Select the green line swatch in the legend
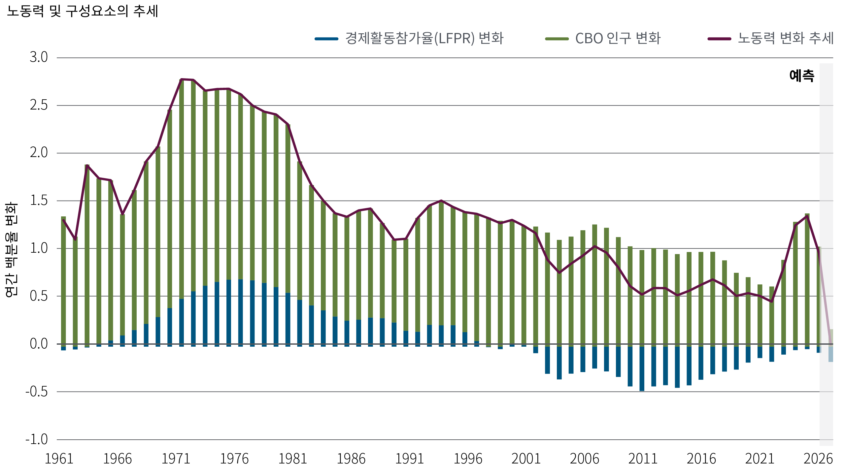[x=560, y=39]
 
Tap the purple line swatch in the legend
[x=725, y=39]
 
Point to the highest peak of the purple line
[x=181, y=79]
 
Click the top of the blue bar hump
[x=243, y=280]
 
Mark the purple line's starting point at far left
[x=63, y=220]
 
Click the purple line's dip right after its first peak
[x=122, y=215]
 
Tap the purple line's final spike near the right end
[x=807, y=216]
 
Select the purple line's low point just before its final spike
[x=772, y=301]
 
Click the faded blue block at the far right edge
[x=837, y=354]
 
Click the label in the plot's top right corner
[x=804, y=76]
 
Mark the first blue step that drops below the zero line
[x=539, y=350]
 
